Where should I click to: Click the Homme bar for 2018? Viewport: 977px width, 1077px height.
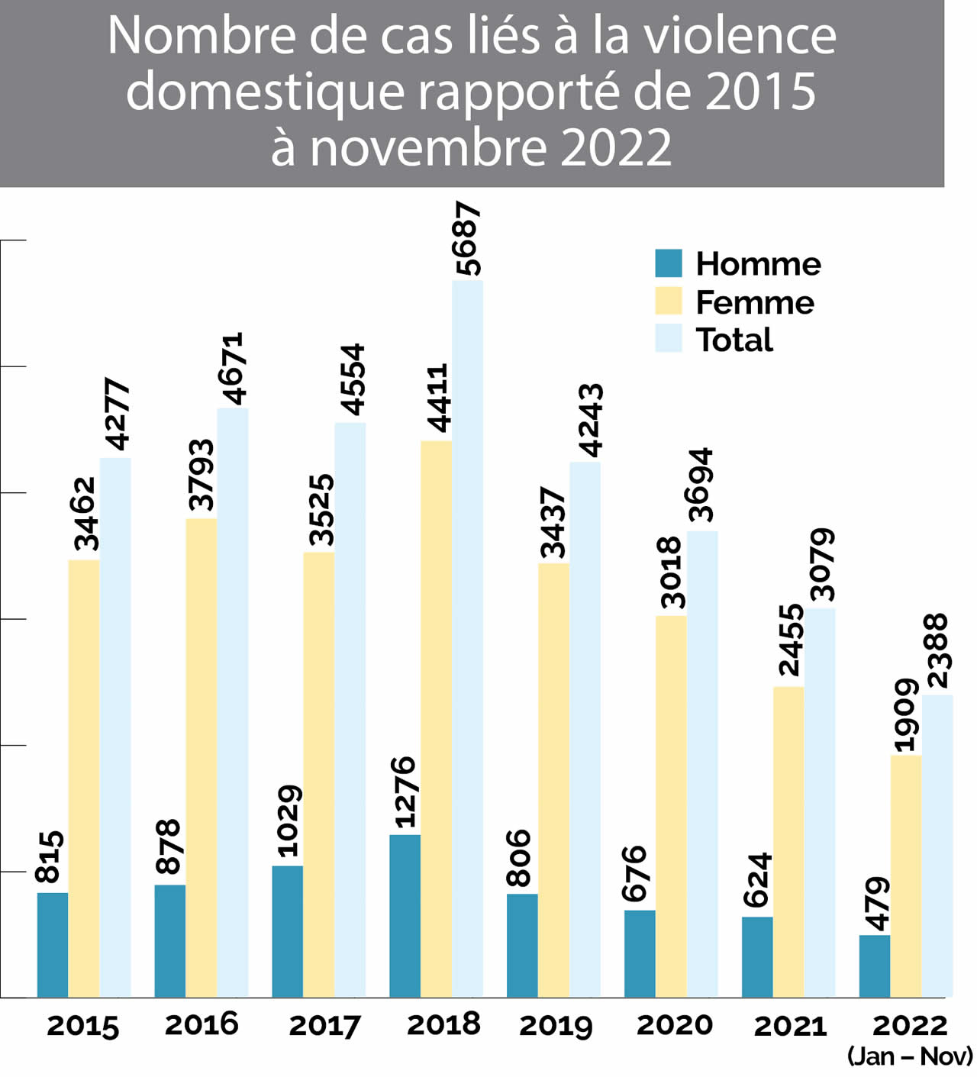(x=405, y=915)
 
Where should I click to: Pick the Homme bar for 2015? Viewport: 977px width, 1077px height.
(x=53, y=944)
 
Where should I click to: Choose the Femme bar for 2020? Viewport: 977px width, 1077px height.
(x=671, y=805)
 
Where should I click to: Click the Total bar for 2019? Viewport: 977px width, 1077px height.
(x=585, y=729)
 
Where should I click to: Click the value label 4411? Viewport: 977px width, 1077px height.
(x=437, y=398)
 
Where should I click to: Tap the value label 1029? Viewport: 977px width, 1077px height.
(x=289, y=821)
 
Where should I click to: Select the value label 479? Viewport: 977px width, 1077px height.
(x=876, y=904)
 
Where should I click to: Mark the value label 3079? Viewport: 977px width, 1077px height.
(x=822, y=565)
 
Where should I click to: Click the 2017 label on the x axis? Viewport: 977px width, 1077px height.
(x=324, y=1025)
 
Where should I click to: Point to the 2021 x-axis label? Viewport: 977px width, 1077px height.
(x=790, y=1025)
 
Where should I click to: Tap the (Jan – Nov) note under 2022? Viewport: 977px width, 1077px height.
(x=910, y=1056)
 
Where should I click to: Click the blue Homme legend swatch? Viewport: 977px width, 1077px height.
(x=668, y=263)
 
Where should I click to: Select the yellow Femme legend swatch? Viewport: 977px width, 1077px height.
(x=668, y=301)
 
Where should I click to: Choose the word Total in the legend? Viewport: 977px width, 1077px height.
(x=734, y=340)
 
